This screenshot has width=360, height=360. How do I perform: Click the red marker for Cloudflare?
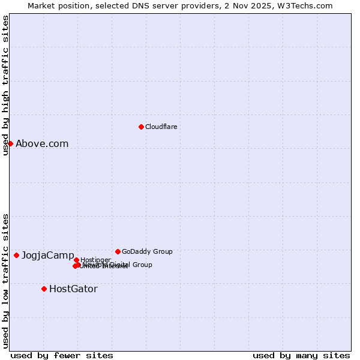[141, 127]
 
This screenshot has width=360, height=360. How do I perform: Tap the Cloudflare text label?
[161, 127]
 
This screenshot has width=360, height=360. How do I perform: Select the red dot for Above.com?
[10, 143]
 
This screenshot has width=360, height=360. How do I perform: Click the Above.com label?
[42, 143]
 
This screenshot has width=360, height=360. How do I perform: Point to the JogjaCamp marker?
[16, 255]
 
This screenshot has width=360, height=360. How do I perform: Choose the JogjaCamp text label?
[48, 256]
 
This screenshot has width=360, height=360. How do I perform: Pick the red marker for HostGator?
[44, 289]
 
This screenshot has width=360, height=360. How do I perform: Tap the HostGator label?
[73, 289]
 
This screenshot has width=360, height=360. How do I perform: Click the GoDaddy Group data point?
[118, 251]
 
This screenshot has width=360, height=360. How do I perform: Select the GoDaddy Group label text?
[147, 251]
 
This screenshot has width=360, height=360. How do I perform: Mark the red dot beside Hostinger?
[76, 260]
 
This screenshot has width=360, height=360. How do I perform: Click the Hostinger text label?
[95, 260]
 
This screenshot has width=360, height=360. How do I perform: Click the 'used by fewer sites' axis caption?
[62, 355]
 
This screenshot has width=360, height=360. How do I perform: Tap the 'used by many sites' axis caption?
[301, 355]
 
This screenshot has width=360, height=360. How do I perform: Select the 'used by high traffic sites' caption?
[5, 85]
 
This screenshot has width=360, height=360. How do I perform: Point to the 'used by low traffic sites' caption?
[5, 280]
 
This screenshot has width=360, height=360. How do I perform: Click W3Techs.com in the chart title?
[307, 5]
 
